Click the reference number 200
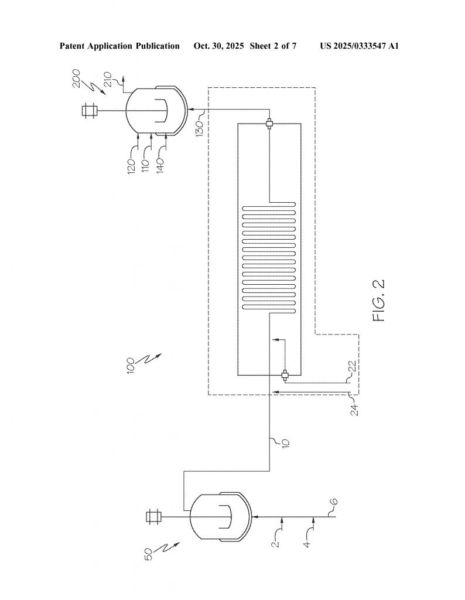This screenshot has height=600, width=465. click(x=77, y=79)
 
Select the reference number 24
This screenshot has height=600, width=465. click(x=355, y=410)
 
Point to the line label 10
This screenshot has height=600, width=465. click(x=286, y=443)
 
